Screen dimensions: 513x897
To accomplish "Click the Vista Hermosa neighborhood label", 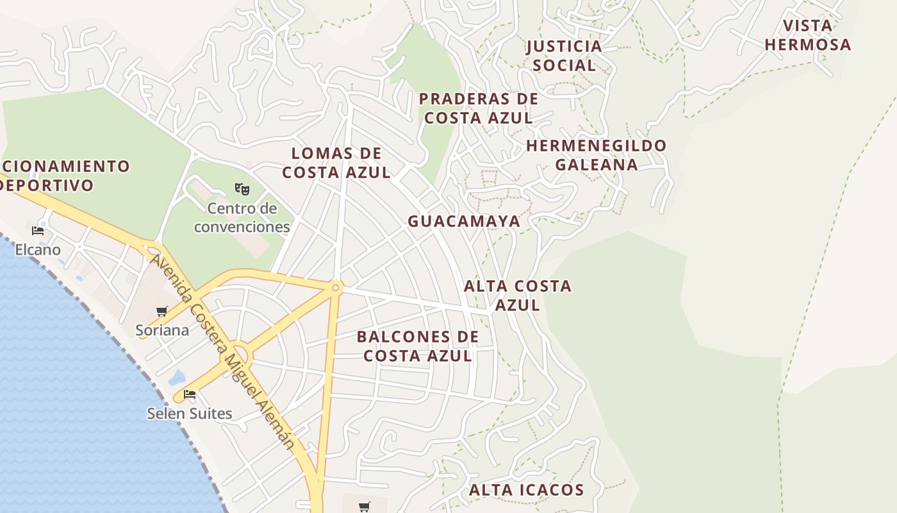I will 807,35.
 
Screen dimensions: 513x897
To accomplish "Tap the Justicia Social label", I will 564,56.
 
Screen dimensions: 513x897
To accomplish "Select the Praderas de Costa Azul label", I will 479,108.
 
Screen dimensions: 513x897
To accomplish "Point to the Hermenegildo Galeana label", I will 597,155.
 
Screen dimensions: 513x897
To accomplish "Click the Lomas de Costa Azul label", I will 336,163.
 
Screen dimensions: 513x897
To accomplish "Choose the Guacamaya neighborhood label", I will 464,221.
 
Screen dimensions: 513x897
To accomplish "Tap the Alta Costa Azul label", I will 518,295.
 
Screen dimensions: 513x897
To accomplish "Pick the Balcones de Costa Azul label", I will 418,346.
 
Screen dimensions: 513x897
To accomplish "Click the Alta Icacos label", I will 526,491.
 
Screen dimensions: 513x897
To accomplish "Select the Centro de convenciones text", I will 242,217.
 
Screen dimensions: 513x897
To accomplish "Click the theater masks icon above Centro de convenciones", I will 242,189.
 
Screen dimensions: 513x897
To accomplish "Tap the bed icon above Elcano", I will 38,231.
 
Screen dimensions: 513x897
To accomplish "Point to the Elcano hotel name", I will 38,249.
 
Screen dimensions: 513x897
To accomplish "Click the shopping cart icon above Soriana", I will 162,312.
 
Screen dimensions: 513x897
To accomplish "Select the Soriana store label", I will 162,330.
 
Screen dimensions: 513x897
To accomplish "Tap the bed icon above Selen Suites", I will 190,394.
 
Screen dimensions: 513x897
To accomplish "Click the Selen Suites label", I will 190,414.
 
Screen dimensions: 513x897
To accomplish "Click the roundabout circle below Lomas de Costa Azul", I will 335,288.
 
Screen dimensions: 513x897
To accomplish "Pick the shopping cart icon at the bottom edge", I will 365,507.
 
